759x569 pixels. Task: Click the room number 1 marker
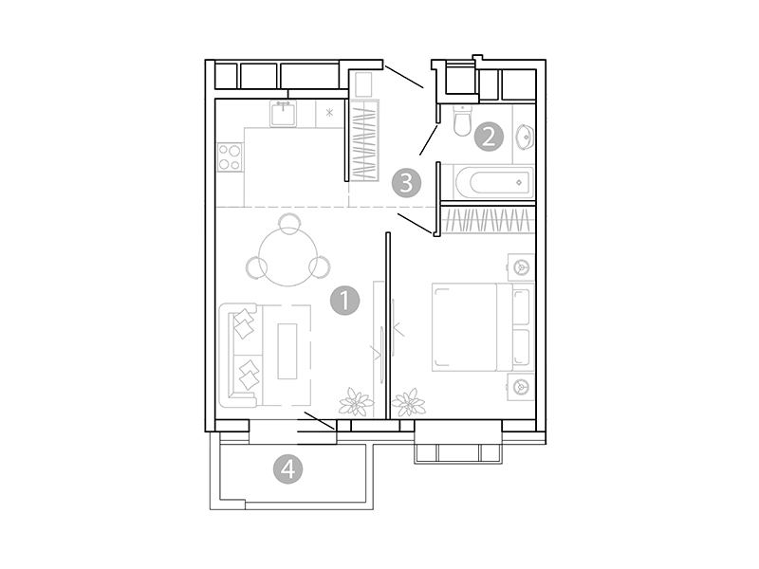point(344,301)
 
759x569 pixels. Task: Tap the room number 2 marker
point(489,137)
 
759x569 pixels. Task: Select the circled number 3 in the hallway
point(407,183)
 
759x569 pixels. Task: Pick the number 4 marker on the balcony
point(288,468)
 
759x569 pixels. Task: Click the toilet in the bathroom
point(462,121)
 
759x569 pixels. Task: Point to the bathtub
point(494,182)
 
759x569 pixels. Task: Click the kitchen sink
point(283,115)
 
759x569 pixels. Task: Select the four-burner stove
point(230,157)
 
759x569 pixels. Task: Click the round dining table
point(288,256)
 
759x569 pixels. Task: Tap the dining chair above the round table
point(289,224)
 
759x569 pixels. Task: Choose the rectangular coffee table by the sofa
point(287,351)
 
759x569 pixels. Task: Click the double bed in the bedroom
point(483,327)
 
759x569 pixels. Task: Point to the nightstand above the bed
point(521,267)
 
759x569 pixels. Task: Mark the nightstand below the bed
point(521,387)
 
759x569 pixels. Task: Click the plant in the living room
point(357,402)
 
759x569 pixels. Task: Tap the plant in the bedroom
point(409,402)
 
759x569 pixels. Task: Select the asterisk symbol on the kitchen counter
point(329,113)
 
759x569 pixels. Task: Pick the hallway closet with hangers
point(364,140)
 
